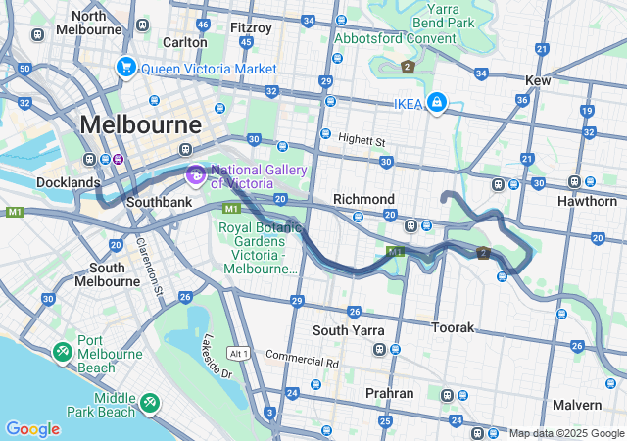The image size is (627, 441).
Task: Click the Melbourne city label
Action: (x=141, y=125)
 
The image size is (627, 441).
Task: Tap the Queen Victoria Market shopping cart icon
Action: (x=125, y=68)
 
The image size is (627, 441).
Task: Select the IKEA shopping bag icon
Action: (x=436, y=102)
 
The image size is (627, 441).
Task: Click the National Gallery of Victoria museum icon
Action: (x=195, y=175)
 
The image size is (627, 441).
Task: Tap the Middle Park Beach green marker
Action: (x=149, y=401)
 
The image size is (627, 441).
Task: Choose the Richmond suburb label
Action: (x=363, y=199)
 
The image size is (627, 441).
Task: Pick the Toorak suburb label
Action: (x=454, y=326)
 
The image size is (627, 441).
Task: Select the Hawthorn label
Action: (x=585, y=201)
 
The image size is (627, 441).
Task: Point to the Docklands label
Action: (x=69, y=182)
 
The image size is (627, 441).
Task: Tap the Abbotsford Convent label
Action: (x=395, y=39)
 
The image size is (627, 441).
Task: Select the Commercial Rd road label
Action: (x=302, y=360)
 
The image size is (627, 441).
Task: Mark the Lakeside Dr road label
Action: (x=217, y=359)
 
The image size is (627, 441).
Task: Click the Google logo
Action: (x=32, y=429)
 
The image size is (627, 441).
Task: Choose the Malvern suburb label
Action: (x=576, y=405)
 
